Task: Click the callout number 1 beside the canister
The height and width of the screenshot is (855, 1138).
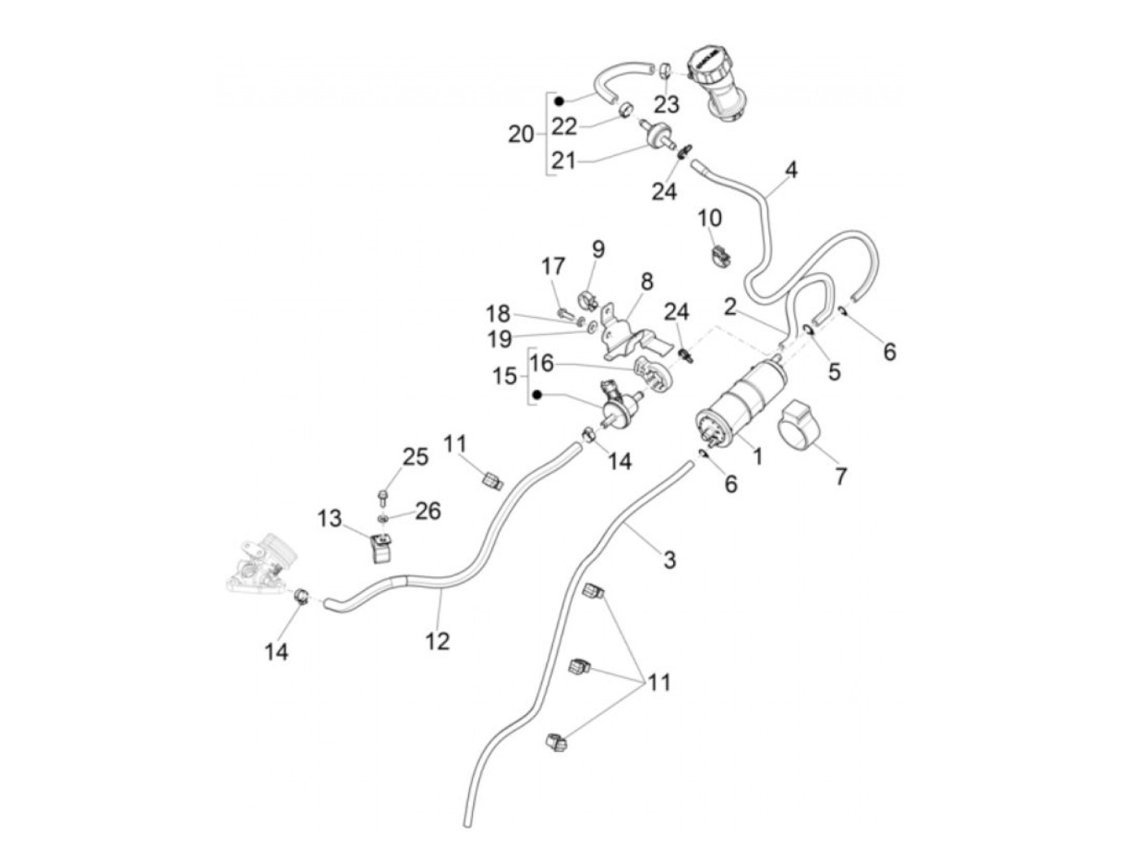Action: click(757, 457)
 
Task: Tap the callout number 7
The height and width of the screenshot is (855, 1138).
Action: click(840, 475)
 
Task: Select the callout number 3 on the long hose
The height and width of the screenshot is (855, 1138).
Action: click(669, 559)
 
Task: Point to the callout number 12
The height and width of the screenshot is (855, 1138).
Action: click(437, 641)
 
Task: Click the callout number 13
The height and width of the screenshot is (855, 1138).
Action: click(330, 518)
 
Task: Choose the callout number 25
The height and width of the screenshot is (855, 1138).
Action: click(415, 457)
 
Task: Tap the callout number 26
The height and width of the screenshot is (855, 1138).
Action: click(428, 510)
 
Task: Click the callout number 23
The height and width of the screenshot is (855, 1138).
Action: click(666, 105)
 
